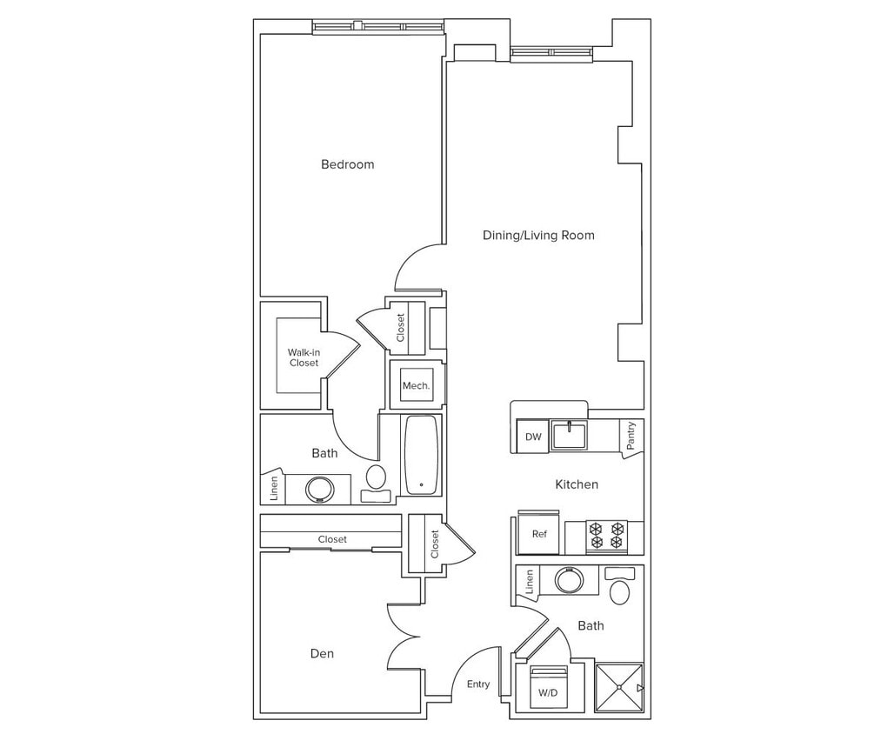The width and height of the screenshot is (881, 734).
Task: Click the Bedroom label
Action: coord(347,164)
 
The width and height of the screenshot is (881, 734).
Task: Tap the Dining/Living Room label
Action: coord(538,235)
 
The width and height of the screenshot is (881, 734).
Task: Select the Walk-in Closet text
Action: coord(304,357)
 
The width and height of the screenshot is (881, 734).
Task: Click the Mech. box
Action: coord(412,385)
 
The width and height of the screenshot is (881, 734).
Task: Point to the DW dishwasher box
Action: coord(532,437)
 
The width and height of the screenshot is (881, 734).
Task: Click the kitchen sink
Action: coord(570,434)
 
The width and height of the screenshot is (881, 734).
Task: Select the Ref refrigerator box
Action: coord(539,534)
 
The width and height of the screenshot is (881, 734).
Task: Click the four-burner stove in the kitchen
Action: coord(606,535)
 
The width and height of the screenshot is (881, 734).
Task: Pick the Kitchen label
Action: coord(577,484)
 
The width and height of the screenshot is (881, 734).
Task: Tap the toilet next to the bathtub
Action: coord(377,480)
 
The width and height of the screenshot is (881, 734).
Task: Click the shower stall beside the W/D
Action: coord(618,688)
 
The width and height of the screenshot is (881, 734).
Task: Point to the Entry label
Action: coord(478,684)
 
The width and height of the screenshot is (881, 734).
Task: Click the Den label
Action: coord(322,654)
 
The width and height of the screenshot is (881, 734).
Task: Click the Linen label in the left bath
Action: coord(274,488)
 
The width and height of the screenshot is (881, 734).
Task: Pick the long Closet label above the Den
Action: coord(332,539)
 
